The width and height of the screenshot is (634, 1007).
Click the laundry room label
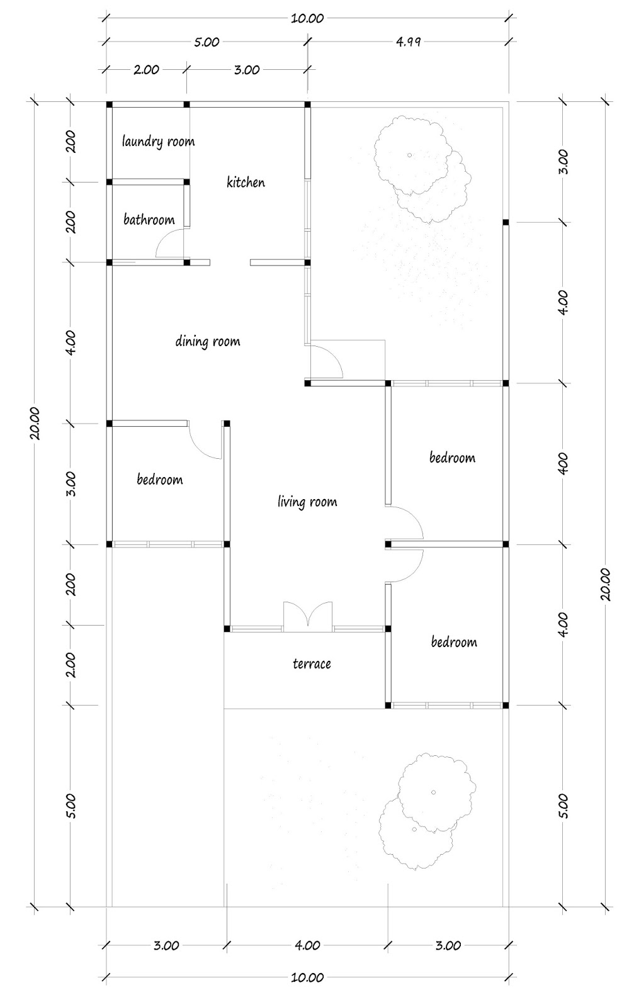click(158, 142)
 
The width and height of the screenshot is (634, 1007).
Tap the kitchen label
click(246, 183)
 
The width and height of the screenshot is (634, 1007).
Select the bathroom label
click(149, 220)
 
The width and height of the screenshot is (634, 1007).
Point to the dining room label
click(207, 342)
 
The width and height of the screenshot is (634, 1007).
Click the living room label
click(307, 502)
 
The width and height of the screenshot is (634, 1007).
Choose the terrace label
click(312, 663)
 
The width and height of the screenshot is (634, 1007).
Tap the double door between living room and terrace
click(308, 616)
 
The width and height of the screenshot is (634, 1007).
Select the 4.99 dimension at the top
click(408, 42)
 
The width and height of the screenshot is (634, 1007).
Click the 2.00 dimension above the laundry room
click(146, 70)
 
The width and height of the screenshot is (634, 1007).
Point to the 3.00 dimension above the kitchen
click(247, 70)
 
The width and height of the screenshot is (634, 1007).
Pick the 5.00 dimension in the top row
click(207, 42)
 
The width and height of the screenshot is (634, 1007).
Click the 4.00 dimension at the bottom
click(307, 945)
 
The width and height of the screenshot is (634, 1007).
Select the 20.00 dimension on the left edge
click(35, 423)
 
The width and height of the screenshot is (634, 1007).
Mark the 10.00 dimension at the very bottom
click(307, 977)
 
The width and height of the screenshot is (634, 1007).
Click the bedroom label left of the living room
click(160, 480)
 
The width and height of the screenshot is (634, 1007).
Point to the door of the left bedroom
click(207, 441)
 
